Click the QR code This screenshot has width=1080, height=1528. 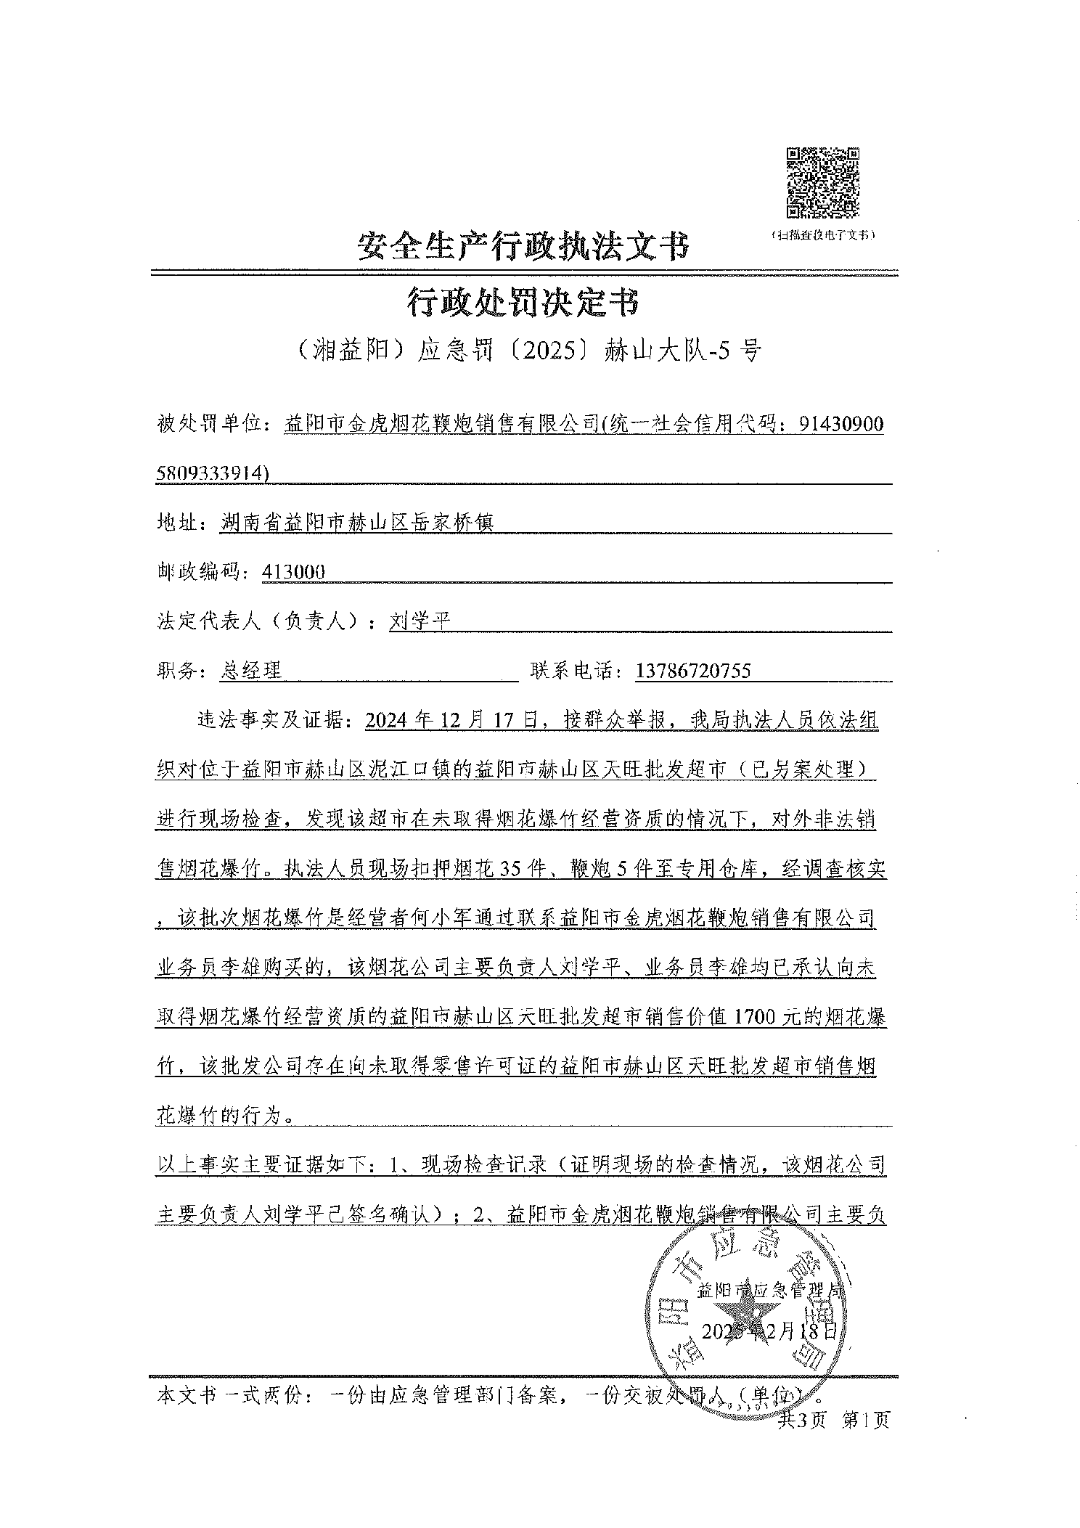(823, 182)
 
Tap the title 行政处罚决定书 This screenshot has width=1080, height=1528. (523, 302)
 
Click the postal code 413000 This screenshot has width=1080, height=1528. (294, 572)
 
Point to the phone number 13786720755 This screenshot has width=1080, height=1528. (692, 671)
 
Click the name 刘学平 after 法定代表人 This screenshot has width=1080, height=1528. (420, 621)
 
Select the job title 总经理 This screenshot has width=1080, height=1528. (250, 671)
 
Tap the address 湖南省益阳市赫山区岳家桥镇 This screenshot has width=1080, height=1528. (356, 523)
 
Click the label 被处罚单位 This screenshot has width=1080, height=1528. (210, 424)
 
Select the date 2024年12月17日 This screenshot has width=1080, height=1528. (453, 721)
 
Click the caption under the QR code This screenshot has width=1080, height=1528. (822, 235)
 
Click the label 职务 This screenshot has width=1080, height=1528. (178, 671)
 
